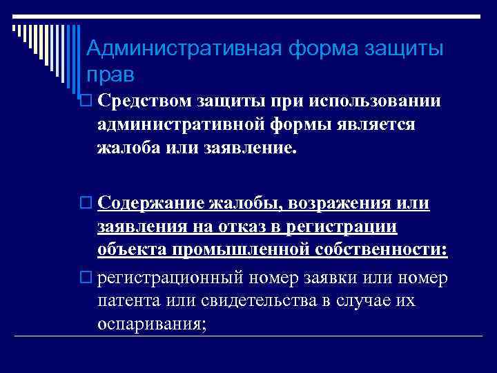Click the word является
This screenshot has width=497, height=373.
click(x=376, y=124)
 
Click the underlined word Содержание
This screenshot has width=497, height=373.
click(x=151, y=203)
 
